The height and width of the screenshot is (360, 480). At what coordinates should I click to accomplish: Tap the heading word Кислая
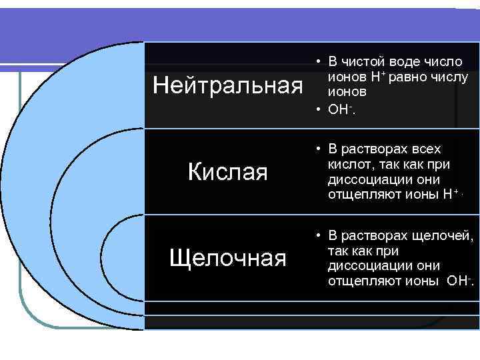pos(227,173)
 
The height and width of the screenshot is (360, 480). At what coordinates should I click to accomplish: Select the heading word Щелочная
pos(227,257)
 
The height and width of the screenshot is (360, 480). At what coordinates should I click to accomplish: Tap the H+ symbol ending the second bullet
pos(447,195)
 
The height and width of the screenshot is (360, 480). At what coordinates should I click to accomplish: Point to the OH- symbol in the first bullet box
pos(341,109)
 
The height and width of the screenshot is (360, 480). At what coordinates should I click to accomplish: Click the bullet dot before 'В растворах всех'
pos(320,149)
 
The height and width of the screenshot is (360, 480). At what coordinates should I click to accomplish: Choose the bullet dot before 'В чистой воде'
pos(320,62)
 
